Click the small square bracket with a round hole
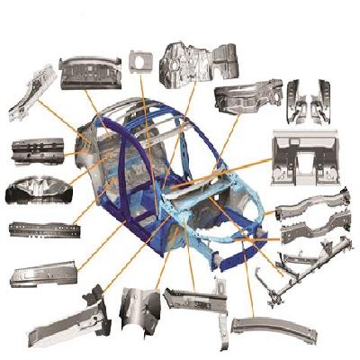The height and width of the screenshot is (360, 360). coord(138,61)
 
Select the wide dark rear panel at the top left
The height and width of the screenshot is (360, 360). coord(90,71)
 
